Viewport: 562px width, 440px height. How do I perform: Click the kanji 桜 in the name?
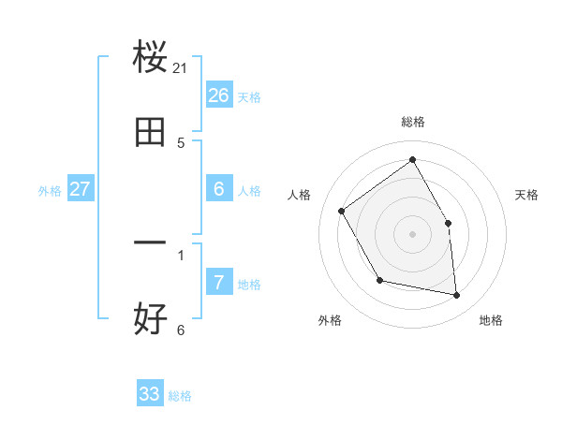[150, 58]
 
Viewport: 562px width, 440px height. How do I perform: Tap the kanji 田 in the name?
[150, 133]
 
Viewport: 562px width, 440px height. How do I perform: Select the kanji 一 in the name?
[150, 243]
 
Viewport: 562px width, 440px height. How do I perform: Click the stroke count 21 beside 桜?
[182, 68]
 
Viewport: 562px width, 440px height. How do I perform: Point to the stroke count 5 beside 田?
[181, 143]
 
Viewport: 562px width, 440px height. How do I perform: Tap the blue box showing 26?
[219, 95]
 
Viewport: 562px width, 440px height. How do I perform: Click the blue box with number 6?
[219, 189]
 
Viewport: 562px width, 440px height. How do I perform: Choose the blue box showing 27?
[81, 189]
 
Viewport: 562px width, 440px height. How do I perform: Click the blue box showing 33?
[150, 394]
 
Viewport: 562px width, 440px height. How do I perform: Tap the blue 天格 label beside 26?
[249, 97]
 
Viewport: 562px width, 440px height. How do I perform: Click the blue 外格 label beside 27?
[50, 191]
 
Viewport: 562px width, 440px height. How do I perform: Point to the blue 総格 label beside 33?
[181, 396]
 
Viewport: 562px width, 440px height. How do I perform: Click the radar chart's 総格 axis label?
[413, 122]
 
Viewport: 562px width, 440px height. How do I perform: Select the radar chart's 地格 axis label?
[491, 321]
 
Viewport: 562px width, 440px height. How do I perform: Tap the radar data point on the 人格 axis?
[342, 212]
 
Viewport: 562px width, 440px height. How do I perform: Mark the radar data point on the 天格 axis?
[449, 223]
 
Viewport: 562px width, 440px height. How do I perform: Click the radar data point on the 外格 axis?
[379, 280]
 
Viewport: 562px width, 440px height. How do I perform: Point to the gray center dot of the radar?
[413, 234]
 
